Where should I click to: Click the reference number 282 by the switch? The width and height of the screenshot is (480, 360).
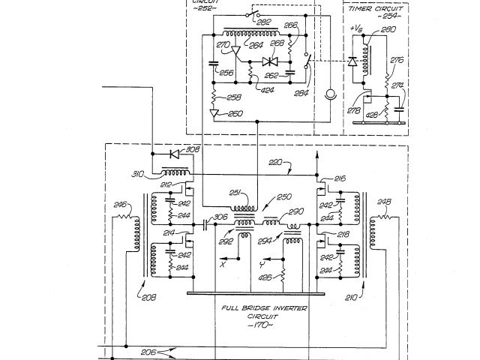pos(263,23)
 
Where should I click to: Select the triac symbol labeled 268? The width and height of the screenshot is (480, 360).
pos(270,61)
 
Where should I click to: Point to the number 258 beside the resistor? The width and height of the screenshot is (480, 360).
pos(233,97)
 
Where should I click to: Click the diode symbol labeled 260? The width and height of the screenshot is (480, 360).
pos(216,114)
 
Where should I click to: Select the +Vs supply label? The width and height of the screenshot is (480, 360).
pos(358,28)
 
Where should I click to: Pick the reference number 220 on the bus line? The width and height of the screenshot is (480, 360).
pos(276,161)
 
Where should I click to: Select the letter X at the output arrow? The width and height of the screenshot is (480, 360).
pos(223,264)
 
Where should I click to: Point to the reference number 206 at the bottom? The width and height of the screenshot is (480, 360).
pos(148,352)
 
